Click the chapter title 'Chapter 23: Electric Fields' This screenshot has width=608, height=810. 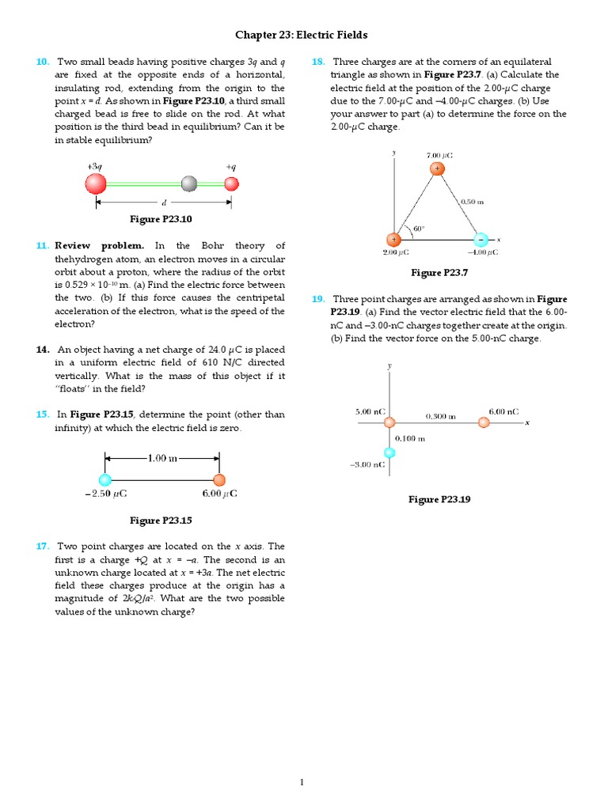pyautogui.click(x=301, y=36)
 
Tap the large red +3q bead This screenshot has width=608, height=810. pyautogui.click(x=96, y=184)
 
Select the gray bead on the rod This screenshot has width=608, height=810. pyautogui.click(x=188, y=184)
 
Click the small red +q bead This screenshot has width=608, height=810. pyautogui.click(x=231, y=184)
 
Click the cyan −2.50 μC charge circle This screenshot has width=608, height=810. pyautogui.click(x=105, y=479)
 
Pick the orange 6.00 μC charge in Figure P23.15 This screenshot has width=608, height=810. pyautogui.click(x=219, y=479)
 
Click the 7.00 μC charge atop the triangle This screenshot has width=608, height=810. pyautogui.click(x=437, y=168)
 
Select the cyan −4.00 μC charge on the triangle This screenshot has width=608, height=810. pyautogui.click(x=481, y=239)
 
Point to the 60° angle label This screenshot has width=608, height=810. pyautogui.click(x=418, y=229)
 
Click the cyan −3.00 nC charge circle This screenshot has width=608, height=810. pyautogui.click(x=389, y=452)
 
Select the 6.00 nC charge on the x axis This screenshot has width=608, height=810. pyautogui.click(x=484, y=422)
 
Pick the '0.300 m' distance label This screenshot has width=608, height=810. pyautogui.click(x=440, y=416)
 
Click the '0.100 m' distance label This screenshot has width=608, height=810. pyautogui.click(x=410, y=438)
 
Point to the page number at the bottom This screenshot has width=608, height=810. pyautogui.click(x=302, y=782)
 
